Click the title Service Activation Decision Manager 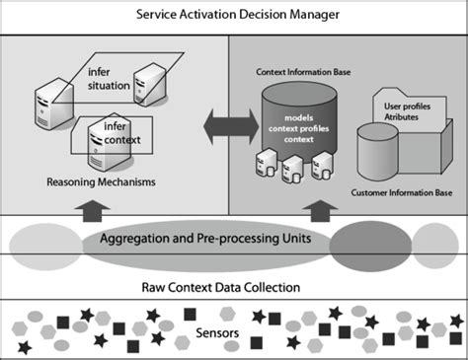pyautogui.click(x=233, y=14)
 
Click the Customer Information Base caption pyautogui.click(x=404, y=191)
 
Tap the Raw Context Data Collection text pyautogui.click(x=233, y=288)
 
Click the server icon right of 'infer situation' pyautogui.click(x=151, y=78)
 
